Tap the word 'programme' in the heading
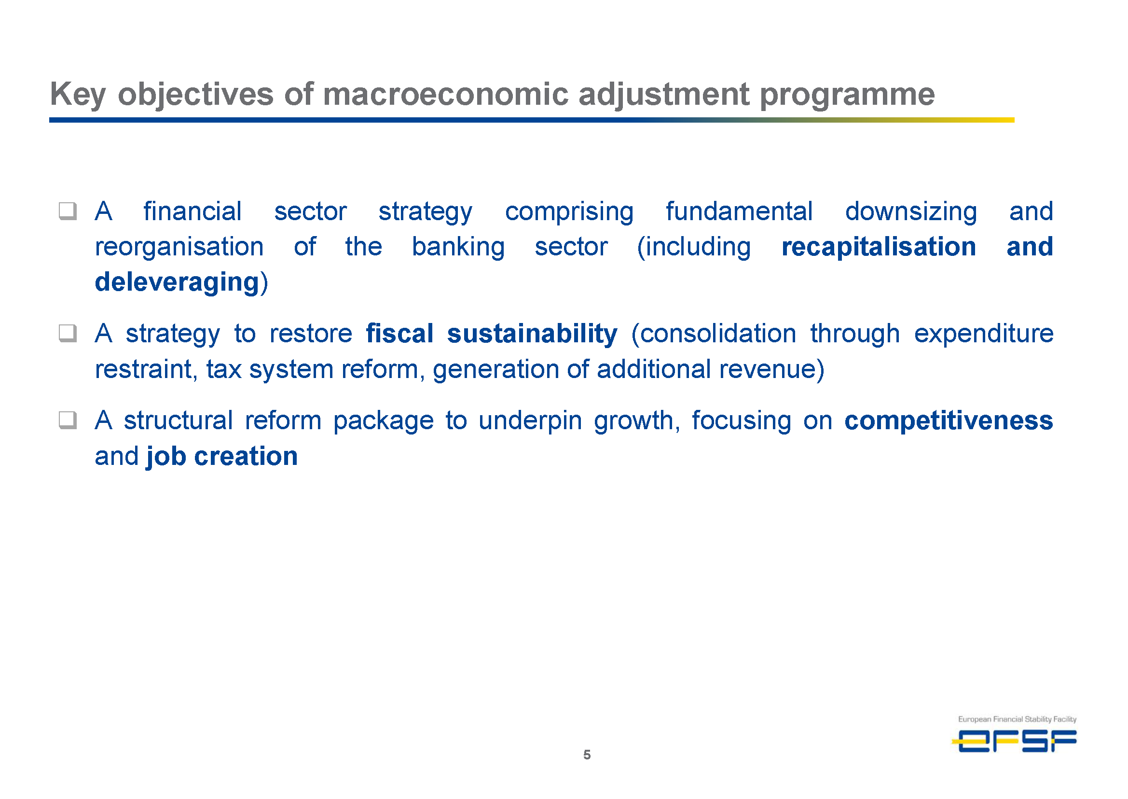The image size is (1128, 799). [x=847, y=95]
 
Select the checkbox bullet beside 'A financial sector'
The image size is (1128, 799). [x=68, y=211]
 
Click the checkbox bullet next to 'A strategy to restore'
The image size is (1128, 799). [x=68, y=334]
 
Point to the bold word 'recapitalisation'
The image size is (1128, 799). [x=879, y=247]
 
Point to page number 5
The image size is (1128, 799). [x=587, y=755]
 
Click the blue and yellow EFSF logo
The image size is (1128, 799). [x=1015, y=741]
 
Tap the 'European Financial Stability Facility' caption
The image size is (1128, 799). [x=1017, y=719]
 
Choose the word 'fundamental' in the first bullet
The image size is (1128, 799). [x=739, y=211]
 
